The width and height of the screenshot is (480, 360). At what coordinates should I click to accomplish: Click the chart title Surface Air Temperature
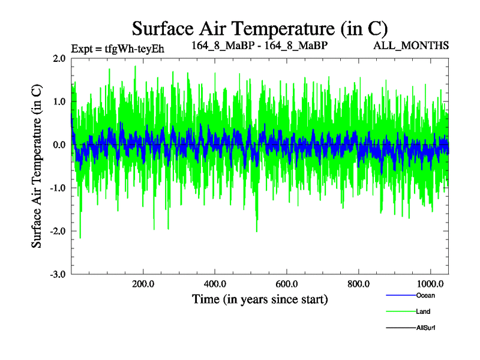click(260, 28)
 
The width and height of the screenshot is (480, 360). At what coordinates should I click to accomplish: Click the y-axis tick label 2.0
click(59, 59)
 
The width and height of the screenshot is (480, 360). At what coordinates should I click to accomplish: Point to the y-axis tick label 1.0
click(59, 102)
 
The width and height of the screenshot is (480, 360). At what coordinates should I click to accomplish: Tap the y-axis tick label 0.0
click(59, 145)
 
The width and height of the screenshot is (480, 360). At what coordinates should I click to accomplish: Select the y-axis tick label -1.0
click(58, 188)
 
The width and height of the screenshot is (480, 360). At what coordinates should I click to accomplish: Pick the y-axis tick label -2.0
click(58, 232)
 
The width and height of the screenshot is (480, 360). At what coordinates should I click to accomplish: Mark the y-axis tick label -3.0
click(58, 275)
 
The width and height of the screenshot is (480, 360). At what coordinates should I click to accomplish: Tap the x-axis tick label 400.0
click(215, 284)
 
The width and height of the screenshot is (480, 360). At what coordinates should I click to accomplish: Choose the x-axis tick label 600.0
click(287, 284)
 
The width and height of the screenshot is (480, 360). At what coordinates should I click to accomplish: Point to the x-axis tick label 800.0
click(359, 284)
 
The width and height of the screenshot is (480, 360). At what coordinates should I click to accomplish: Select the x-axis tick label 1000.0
click(430, 284)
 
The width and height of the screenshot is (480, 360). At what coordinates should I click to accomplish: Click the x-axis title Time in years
click(260, 299)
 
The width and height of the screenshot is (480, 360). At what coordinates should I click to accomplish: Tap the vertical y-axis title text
click(37, 166)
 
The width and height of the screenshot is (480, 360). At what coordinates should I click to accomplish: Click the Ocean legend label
click(425, 295)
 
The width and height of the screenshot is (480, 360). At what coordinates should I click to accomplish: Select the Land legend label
click(423, 311)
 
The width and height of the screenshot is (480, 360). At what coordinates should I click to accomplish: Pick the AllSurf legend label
click(425, 328)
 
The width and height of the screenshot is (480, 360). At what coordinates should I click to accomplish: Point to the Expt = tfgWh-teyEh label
click(118, 48)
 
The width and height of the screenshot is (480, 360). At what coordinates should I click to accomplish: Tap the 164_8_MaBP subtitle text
click(259, 45)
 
